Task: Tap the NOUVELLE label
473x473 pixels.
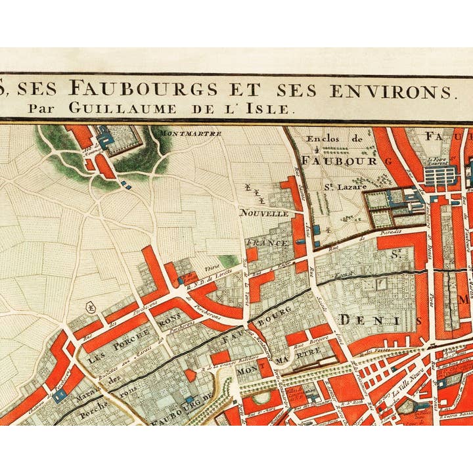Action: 263,214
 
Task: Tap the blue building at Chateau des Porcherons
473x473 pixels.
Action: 60,395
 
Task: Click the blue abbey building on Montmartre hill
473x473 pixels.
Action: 106,139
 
